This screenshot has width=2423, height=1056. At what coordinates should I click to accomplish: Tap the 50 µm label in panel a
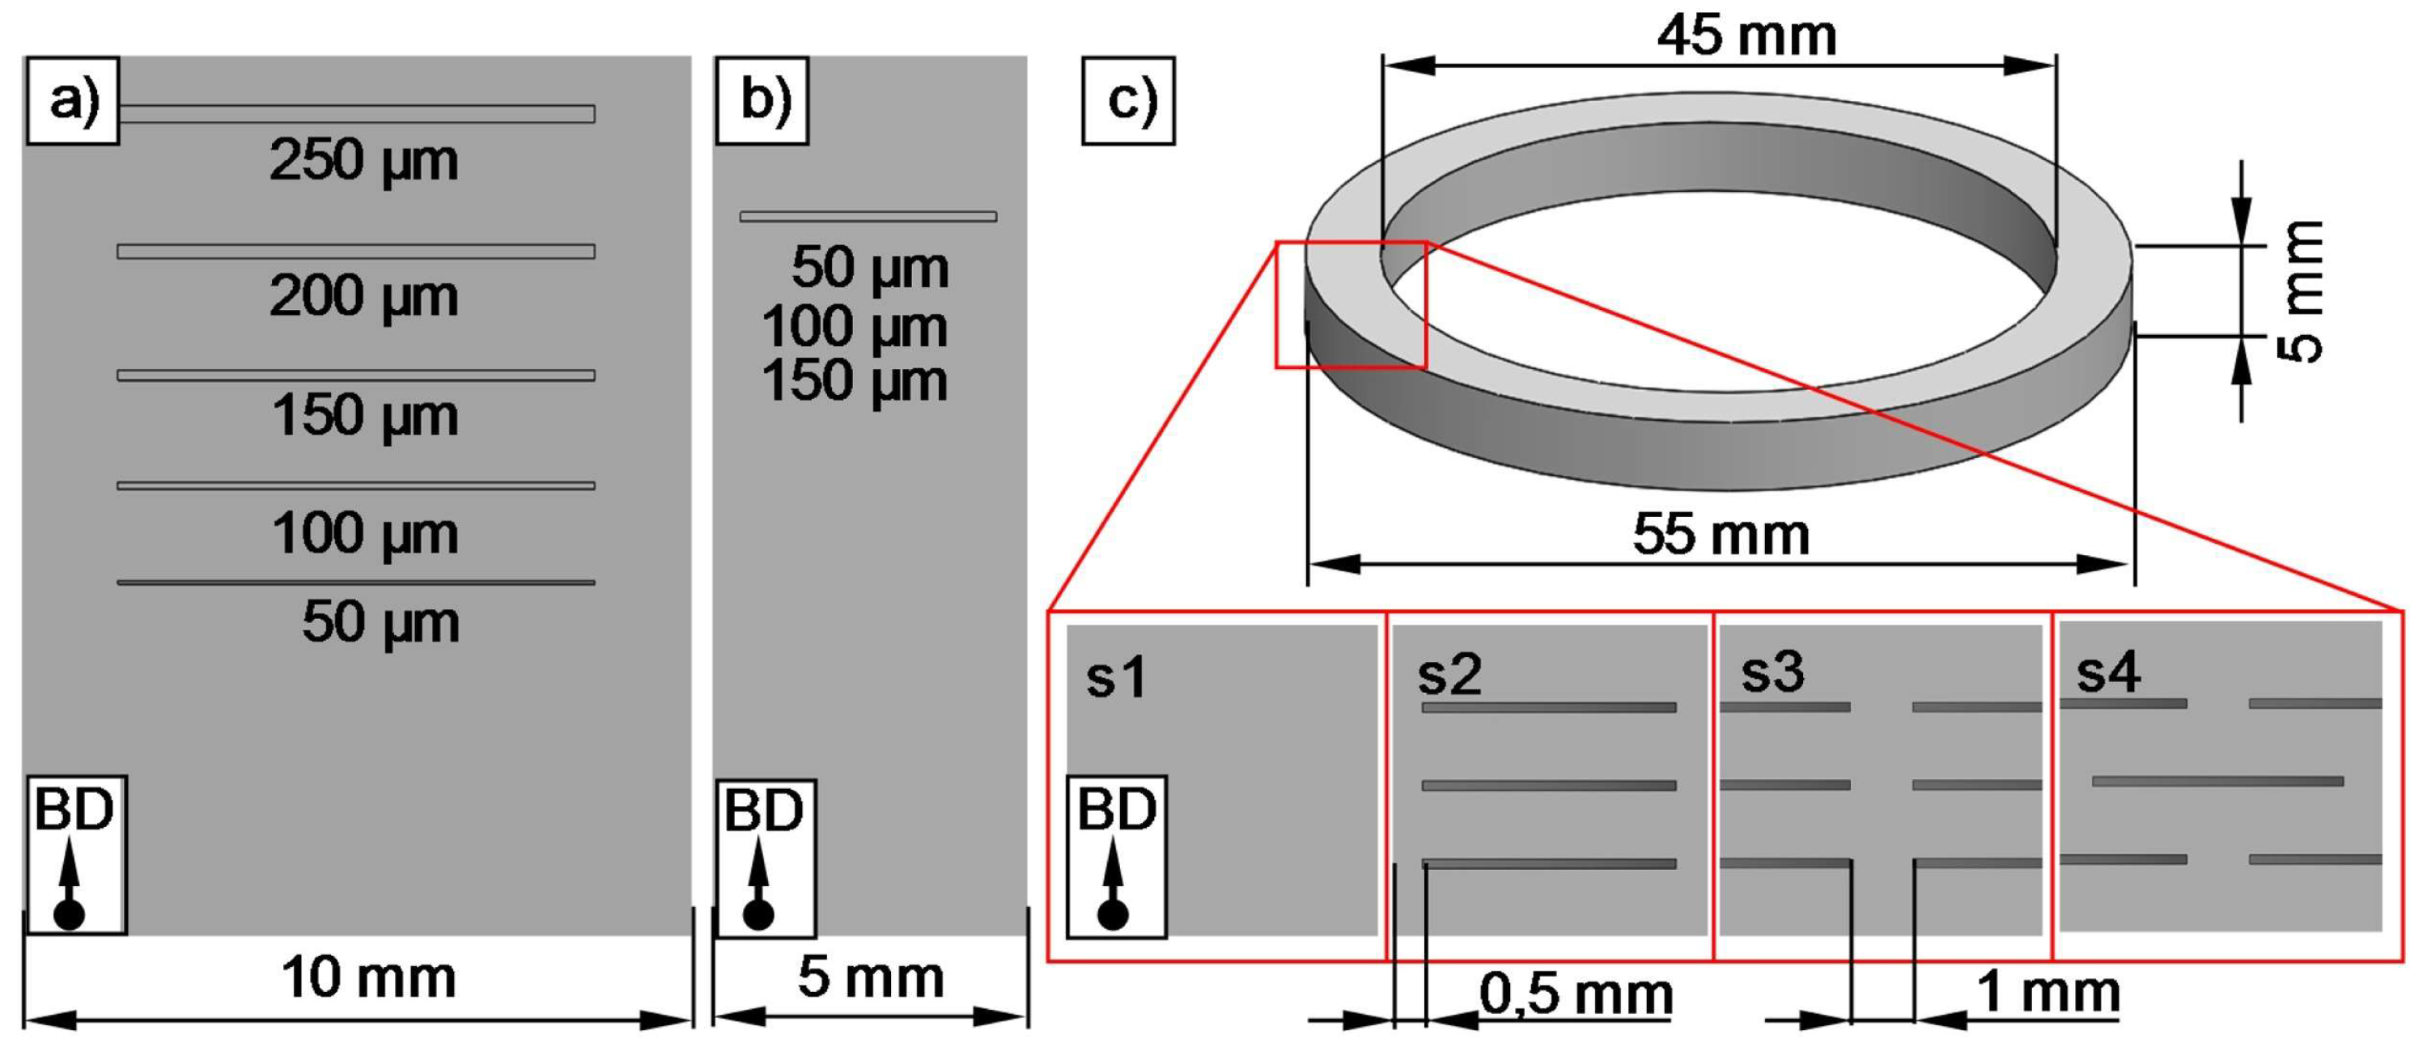(x=380, y=621)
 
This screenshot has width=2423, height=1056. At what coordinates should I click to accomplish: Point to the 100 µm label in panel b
(x=854, y=327)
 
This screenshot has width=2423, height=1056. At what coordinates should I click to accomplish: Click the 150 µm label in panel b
(x=854, y=382)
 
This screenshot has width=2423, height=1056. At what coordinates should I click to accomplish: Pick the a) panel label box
(x=72, y=100)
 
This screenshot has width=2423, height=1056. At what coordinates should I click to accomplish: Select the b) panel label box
(x=762, y=100)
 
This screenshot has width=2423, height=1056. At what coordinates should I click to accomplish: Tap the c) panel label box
(x=1128, y=100)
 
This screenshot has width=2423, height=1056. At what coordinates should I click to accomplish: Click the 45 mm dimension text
(x=1746, y=36)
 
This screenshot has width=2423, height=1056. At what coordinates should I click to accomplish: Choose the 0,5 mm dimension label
(x=1576, y=994)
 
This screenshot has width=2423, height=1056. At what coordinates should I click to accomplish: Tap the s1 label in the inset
(x=1117, y=677)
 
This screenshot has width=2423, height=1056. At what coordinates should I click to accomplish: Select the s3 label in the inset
(x=1772, y=672)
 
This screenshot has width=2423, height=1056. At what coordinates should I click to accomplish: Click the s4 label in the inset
(x=2108, y=672)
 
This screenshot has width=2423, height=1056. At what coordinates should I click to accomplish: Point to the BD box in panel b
(x=766, y=858)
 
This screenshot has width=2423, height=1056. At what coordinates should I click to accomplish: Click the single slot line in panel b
(x=868, y=217)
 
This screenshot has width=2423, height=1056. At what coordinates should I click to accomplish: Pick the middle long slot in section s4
(x=2217, y=782)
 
